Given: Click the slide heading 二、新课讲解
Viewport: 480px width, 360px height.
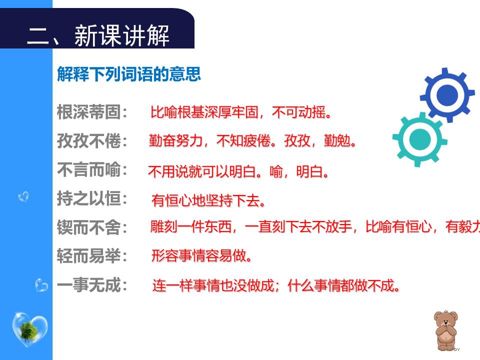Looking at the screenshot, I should click(98, 36).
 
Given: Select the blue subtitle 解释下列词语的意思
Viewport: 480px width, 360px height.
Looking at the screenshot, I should click(129, 74).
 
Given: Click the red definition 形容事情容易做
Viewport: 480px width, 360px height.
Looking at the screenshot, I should click(201, 256).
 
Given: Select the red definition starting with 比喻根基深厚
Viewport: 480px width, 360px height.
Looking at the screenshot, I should click(241, 112).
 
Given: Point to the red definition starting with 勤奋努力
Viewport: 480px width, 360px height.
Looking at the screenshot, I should click(252, 141).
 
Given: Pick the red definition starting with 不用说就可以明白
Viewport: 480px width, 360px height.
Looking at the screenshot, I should click(238, 172).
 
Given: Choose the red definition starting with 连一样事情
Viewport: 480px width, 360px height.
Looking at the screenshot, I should click(276, 286).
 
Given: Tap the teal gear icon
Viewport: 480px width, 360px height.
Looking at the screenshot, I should click(419, 139).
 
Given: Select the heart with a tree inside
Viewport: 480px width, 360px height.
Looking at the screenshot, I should click(29, 329).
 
